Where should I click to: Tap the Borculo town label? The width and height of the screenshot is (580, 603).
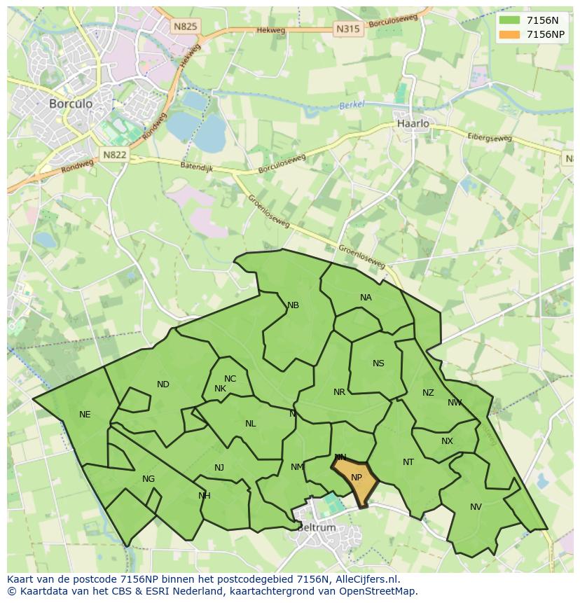pos(70,103)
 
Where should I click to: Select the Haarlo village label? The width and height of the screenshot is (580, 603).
pos(413,123)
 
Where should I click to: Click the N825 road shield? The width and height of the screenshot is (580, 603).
pos(186,27)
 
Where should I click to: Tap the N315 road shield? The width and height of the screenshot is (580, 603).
pos(347,29)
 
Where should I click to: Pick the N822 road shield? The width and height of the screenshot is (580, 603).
pos(114,155)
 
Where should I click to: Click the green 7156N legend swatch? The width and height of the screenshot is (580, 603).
pos(509,20)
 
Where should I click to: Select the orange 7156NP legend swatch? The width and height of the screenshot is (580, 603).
pos(509,34)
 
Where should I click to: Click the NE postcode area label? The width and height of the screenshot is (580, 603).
pos(85,415)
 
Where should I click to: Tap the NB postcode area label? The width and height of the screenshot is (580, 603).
pos(293,305)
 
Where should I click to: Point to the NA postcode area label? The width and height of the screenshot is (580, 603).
pos(366,298)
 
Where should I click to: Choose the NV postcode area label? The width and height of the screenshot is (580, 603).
pos(476,507)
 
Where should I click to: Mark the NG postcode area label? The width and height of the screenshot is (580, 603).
pos(149,479)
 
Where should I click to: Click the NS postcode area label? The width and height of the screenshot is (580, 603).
pos(378,363)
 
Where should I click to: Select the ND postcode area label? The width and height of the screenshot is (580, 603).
pos(163,384)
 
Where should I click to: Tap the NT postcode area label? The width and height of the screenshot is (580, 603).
pos(408,462)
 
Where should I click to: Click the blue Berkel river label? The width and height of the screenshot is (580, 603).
pos(352,106)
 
